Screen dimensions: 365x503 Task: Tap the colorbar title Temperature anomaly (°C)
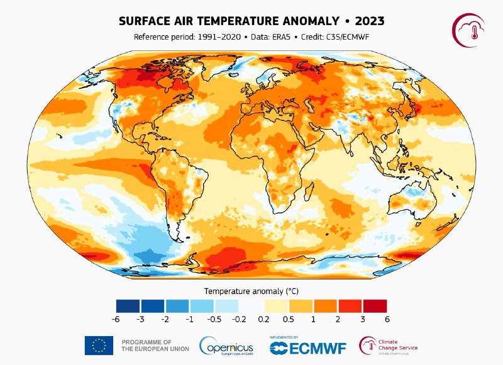(x=251, y=291)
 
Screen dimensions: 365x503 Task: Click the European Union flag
(x=99, y=345)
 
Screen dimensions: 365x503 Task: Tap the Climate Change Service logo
(x=389, y=345)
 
